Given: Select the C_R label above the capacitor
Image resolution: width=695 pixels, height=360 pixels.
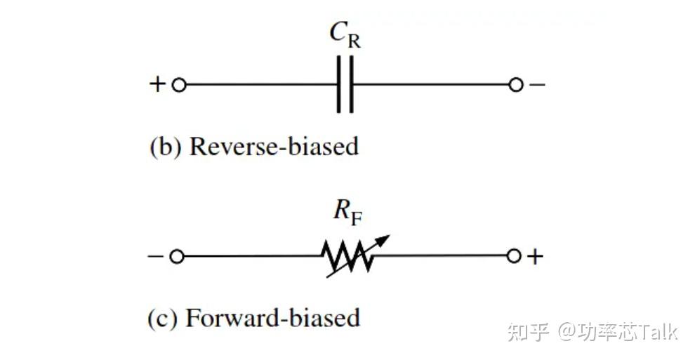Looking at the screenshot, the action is [345, 34].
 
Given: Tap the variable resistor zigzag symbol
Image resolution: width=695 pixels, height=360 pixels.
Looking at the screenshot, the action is [347, 256].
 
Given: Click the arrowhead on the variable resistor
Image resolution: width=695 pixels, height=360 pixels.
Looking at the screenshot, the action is [383, 241].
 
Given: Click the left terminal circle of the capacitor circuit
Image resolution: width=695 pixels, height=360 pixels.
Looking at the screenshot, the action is [178, 85].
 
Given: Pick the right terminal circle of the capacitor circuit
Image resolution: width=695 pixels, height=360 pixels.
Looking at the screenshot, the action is [515, 85].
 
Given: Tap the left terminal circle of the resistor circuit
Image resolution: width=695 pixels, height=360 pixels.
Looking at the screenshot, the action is [176, 256].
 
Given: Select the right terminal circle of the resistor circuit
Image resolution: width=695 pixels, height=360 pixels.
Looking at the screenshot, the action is [513, 256].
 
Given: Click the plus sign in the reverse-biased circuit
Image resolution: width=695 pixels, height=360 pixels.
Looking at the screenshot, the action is [157, 84].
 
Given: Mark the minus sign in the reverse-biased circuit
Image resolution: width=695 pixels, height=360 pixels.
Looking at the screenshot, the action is [537, 84].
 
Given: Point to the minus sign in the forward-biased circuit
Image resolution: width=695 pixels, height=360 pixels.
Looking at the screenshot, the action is [155, 256].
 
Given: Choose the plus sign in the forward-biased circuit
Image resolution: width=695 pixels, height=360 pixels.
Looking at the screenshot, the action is [535, 256].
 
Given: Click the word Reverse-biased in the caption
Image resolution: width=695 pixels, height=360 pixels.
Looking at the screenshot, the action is [274, 147].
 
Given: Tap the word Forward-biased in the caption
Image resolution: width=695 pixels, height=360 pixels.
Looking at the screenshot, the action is [272, 319].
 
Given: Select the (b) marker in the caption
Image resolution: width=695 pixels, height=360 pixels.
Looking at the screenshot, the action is [166, 147].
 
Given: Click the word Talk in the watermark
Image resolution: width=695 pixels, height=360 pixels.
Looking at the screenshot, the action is [657, 331].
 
